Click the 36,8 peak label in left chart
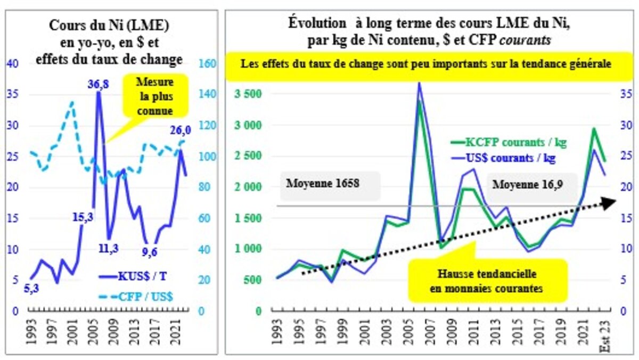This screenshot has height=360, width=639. pyautogui.click(x=100, y=84)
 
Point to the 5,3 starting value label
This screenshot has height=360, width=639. pyautogui.click(x=35, y=289)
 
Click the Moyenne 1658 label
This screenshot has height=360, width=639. pyautogui.click(x=323, y=185)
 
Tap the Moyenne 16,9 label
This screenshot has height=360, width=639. pyautogui.click(x=526, y=185)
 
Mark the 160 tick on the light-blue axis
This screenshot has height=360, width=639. pyautogui.click(x=206, y=64)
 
